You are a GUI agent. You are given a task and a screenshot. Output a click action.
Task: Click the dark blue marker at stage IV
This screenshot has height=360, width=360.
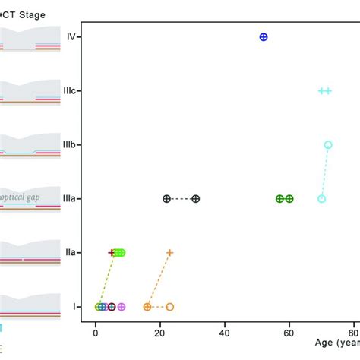point(264,36)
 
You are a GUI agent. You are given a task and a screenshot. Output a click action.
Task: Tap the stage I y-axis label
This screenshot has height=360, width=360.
point(74,307)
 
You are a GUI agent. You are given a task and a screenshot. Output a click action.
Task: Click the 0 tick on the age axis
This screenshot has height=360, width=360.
point(96,332)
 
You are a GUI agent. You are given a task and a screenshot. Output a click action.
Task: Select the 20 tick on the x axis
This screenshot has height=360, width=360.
point(160,332)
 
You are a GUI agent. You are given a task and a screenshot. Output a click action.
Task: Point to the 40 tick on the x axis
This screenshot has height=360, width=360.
point(225,332)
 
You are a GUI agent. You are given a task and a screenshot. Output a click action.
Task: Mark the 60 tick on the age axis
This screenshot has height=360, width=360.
point(289,332)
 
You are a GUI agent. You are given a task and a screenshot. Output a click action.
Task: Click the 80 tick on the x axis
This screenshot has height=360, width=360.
point(353,332)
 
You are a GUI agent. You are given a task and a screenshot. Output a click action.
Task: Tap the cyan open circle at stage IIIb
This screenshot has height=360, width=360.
point(328,144)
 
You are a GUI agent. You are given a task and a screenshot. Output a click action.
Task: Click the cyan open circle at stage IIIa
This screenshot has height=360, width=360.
point(321,198)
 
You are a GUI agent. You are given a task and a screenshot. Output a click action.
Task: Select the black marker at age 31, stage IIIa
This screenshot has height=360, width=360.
point(196,198)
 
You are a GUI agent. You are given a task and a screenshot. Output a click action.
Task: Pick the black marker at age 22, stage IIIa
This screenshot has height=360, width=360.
point(166,198)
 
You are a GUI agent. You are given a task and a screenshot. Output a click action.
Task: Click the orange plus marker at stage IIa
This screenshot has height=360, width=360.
point(169,252)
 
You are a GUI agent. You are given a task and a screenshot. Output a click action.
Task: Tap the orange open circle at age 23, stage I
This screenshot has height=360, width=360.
point(169,307)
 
